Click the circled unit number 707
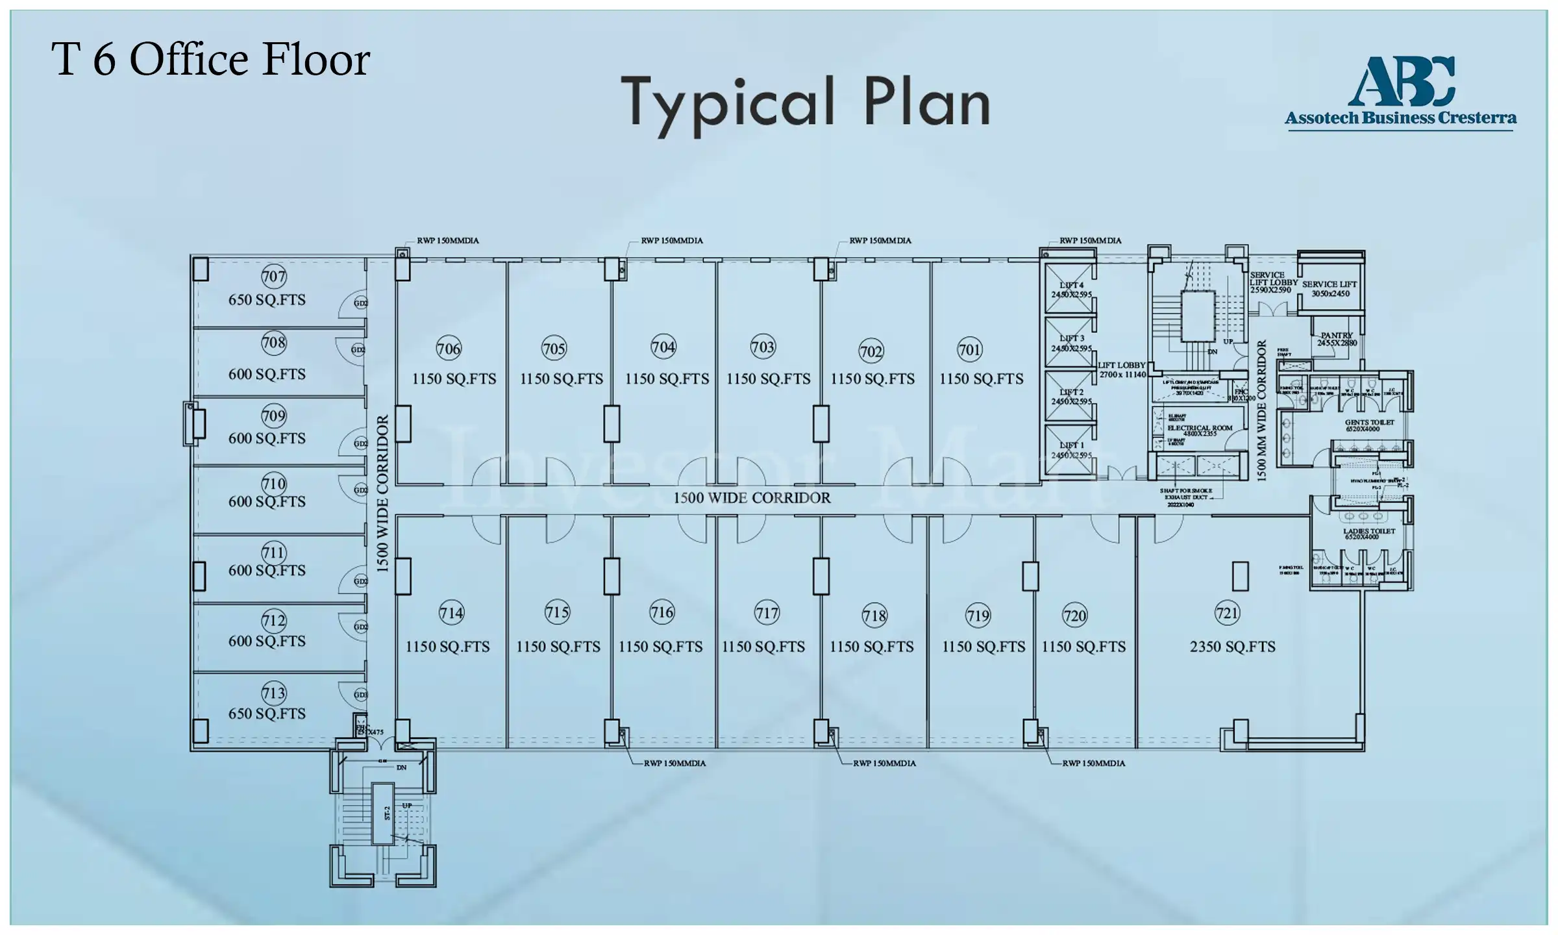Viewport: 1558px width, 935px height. tap(273, 277)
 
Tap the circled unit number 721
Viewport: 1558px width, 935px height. tap(1227, 614)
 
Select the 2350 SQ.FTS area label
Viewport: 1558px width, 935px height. tap(1232, 647)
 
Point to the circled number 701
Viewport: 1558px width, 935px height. tap(970, 350)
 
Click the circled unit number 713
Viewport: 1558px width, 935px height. tap(273, 693)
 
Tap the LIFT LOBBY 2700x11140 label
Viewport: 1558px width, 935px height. tap(1122, 369)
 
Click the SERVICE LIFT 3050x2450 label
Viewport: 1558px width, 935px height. tap(1329, 289)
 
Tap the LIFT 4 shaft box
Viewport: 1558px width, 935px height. tap(1069, 290)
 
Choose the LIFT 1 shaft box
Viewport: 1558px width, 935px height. tap(1069, 450)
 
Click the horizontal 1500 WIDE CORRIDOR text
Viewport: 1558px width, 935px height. tap(751, 498)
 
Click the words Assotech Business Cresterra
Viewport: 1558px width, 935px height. tap(1400, 118)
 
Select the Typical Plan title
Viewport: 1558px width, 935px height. tap(804, 103)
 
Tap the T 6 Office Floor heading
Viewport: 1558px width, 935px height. tap(210, 60)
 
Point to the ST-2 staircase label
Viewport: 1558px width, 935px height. tap(387, 813)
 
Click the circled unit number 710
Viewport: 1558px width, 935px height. tap(273, 484)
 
